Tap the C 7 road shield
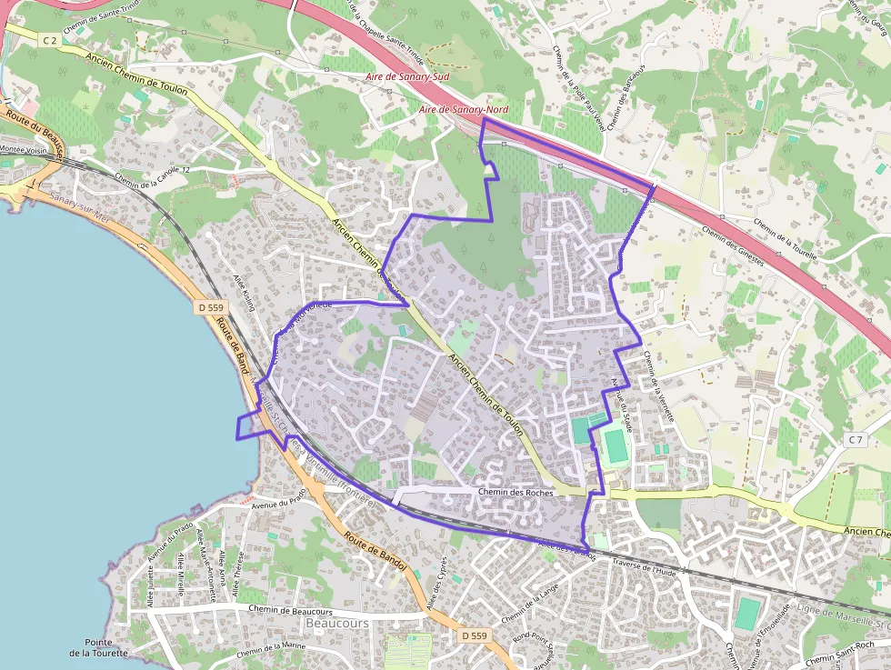pyautogui.click(x=855, y=440)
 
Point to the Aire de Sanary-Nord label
pyautogui.click(x=464, y=110)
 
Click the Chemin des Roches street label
pyautogui.click(x=515, y=492)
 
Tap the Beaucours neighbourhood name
pyautogui.click(x=337, y=624)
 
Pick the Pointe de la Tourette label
pyautogui.click(x=97, y=647)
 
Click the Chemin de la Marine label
pyautogui.click(x=271, y=649)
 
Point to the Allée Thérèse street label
pyautogui.click(x=239, y=572)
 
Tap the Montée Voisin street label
pyautogui.click(x=24, y=149)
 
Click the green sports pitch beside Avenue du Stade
pyautogui.click(x=616, y=445)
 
